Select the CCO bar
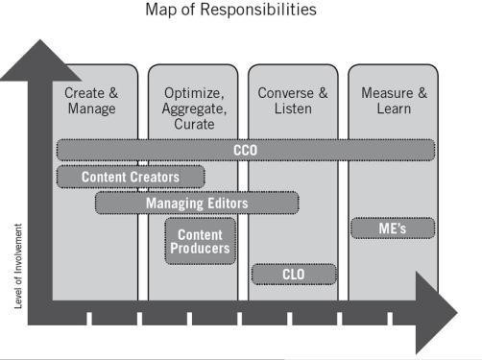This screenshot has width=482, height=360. (x=245, y=150)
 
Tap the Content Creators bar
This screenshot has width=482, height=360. (x=131, y=177)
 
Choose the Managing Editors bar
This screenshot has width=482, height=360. (x=197, y=203)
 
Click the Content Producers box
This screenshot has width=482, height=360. (x=201, y=241)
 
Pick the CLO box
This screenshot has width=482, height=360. (x=294, y=275)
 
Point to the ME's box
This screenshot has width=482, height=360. (x=392, y=228)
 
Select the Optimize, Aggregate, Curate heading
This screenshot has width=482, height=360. (x=192, y=108)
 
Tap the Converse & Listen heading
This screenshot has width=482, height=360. (x=293, y=101)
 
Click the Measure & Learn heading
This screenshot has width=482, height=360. (x=393, y=101)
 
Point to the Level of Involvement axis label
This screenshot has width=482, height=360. (x=18, y=266)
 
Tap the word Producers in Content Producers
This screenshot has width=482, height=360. (x=201, y=249)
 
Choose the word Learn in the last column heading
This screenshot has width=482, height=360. (x=393, y=108)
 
